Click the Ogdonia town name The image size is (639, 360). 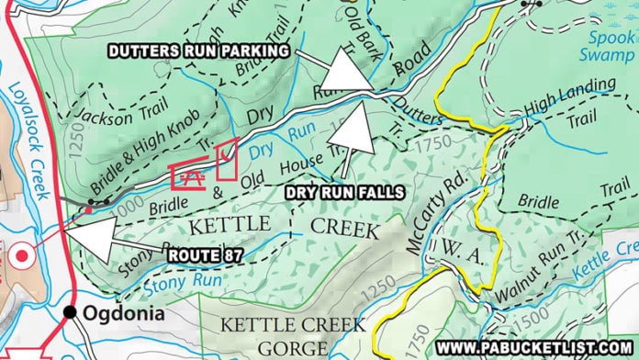118,313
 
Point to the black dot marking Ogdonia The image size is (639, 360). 69,312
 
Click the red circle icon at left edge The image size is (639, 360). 17,253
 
